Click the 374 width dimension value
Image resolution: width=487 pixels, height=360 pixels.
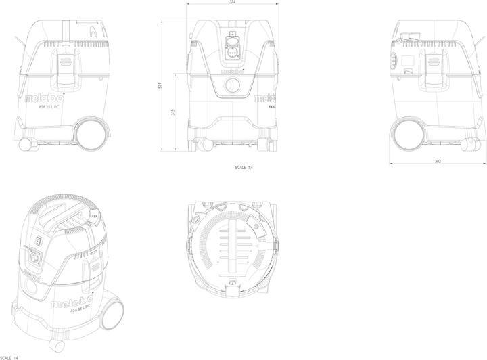tap(233, 3)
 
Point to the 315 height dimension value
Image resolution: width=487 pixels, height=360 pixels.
tap(173, 112)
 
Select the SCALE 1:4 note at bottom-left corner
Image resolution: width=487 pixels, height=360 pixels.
tap(9, 357)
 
